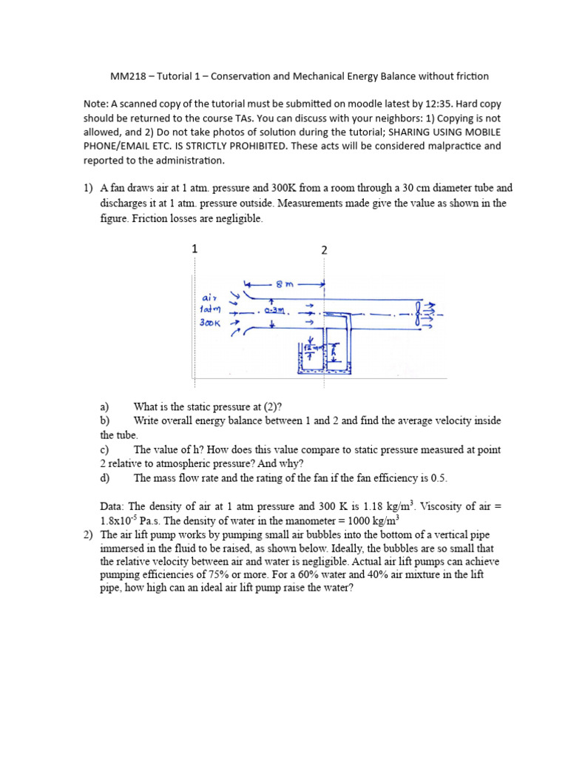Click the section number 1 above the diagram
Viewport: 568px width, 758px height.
pyautogui.click(x=195, y=249)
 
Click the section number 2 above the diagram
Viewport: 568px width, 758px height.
pyautogui.click(x=324, y=250)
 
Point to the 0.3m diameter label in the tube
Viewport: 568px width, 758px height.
pyautogui.click(x=274, y=311)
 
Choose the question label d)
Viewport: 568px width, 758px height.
pyautogui.click(x=104, y=478)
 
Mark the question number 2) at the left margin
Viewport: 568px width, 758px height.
pyautogui.click(x=88, y=534)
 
